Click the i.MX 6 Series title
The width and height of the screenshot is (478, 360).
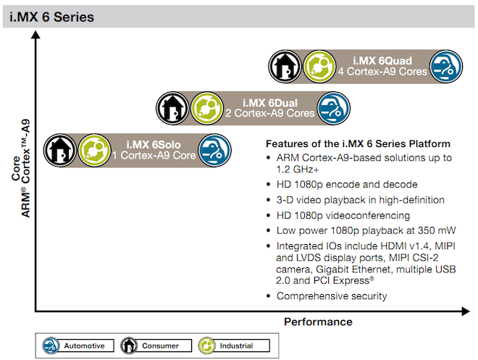click(x=51, y=17)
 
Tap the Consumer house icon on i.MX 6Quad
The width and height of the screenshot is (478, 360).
click(x=285, y=67)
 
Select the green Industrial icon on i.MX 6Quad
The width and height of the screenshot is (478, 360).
click(x=319, y=67)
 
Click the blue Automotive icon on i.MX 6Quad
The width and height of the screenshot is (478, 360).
click(x=446, y=67)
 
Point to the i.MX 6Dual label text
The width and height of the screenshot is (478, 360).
click(x=270, y=103)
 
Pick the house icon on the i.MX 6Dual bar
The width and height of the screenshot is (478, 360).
click(x=172, y=108)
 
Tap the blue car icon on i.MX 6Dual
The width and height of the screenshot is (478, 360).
click(x=333, y=108)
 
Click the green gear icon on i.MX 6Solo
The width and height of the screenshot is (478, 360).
click(x=94, y=150)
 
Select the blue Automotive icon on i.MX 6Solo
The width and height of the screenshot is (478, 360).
click(x=214, y=150)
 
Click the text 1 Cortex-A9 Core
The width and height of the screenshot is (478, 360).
click(x=154, y=156)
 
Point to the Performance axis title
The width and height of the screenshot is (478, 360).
click(x=318, y=322)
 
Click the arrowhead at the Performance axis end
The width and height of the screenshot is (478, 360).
click(x=466, y=311)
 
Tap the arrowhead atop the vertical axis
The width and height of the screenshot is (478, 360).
click(x=35, y=35)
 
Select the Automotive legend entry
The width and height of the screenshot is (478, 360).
click(x=78, y=346)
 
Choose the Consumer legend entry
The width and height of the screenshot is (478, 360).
click(x=156, y=346)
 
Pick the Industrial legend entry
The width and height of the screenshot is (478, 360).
click(x=234, y=346)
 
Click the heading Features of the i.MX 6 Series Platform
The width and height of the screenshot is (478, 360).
click(x=358, y=143)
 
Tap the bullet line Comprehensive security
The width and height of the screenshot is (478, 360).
click(x=332, y=296)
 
